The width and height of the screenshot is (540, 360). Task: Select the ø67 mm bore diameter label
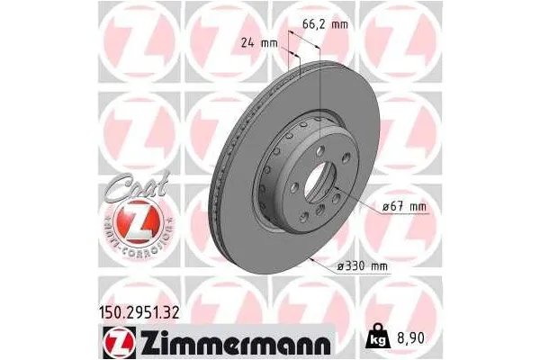401,208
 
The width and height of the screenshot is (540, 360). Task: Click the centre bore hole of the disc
317,179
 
